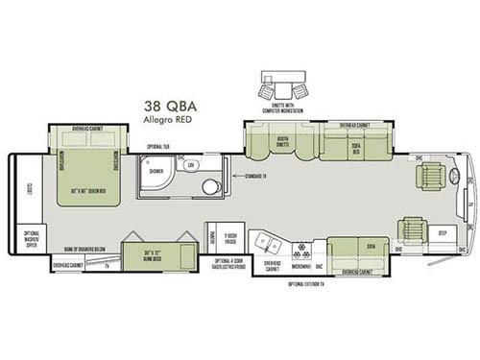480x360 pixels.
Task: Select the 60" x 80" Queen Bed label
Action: (88, 196)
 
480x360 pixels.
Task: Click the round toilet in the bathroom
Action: (210, 185)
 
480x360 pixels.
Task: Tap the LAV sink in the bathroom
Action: (191, 165)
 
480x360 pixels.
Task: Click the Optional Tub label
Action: (157, 148)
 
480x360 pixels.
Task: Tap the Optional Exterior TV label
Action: (307, 285)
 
